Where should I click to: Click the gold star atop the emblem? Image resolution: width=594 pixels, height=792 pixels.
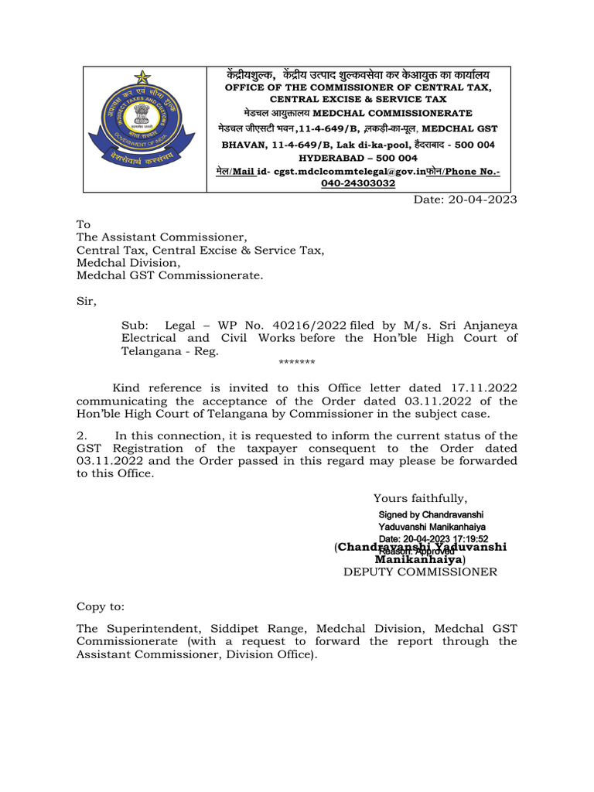click(x=142, y=78)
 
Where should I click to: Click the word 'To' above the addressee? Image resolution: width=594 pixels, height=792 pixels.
click(x=83, y=224)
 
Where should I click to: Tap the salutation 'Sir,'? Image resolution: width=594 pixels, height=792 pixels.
click(x=87, y=300)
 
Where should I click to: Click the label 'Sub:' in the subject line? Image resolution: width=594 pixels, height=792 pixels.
click(x=135, y=326)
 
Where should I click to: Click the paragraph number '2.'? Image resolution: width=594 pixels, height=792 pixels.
click(x=81, y=435)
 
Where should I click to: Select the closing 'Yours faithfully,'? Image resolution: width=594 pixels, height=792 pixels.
click(x=420, y=498)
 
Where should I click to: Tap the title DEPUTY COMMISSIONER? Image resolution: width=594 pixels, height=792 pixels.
click(x=420, y=572)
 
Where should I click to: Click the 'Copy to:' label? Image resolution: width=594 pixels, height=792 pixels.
click(x=100, y=608)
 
